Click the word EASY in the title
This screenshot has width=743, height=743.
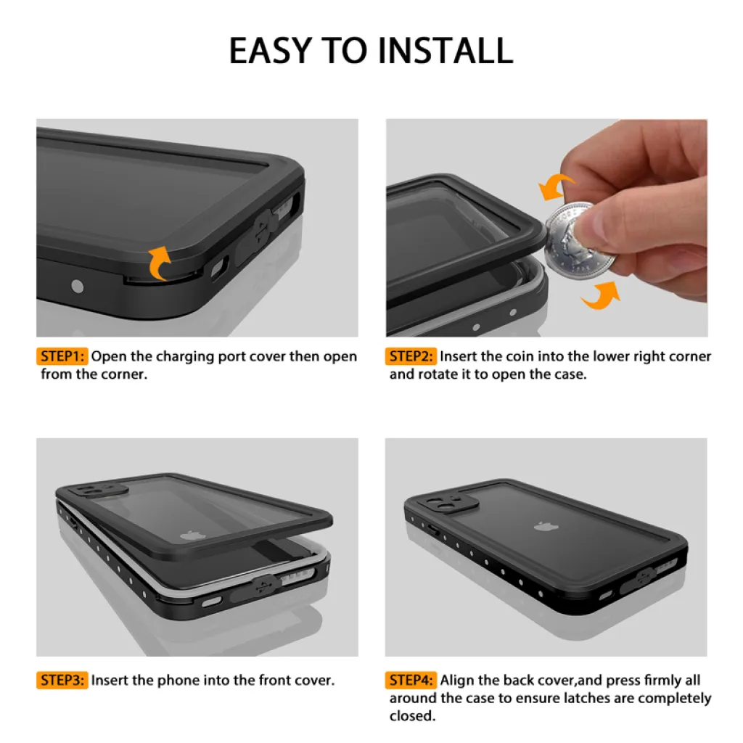pos(271,51)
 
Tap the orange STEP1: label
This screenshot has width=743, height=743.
pos(62,356)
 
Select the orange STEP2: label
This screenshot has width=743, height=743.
pos(411,356)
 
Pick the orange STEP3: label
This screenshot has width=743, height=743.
pos(62,681)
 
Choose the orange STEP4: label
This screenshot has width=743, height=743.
pos(411,681)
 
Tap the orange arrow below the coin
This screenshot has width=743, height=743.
pos(602,296)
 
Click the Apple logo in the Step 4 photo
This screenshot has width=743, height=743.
pos(546,527)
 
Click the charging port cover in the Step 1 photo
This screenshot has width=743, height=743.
pos(258,234)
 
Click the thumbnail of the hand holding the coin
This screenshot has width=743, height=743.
pos(547,228)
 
